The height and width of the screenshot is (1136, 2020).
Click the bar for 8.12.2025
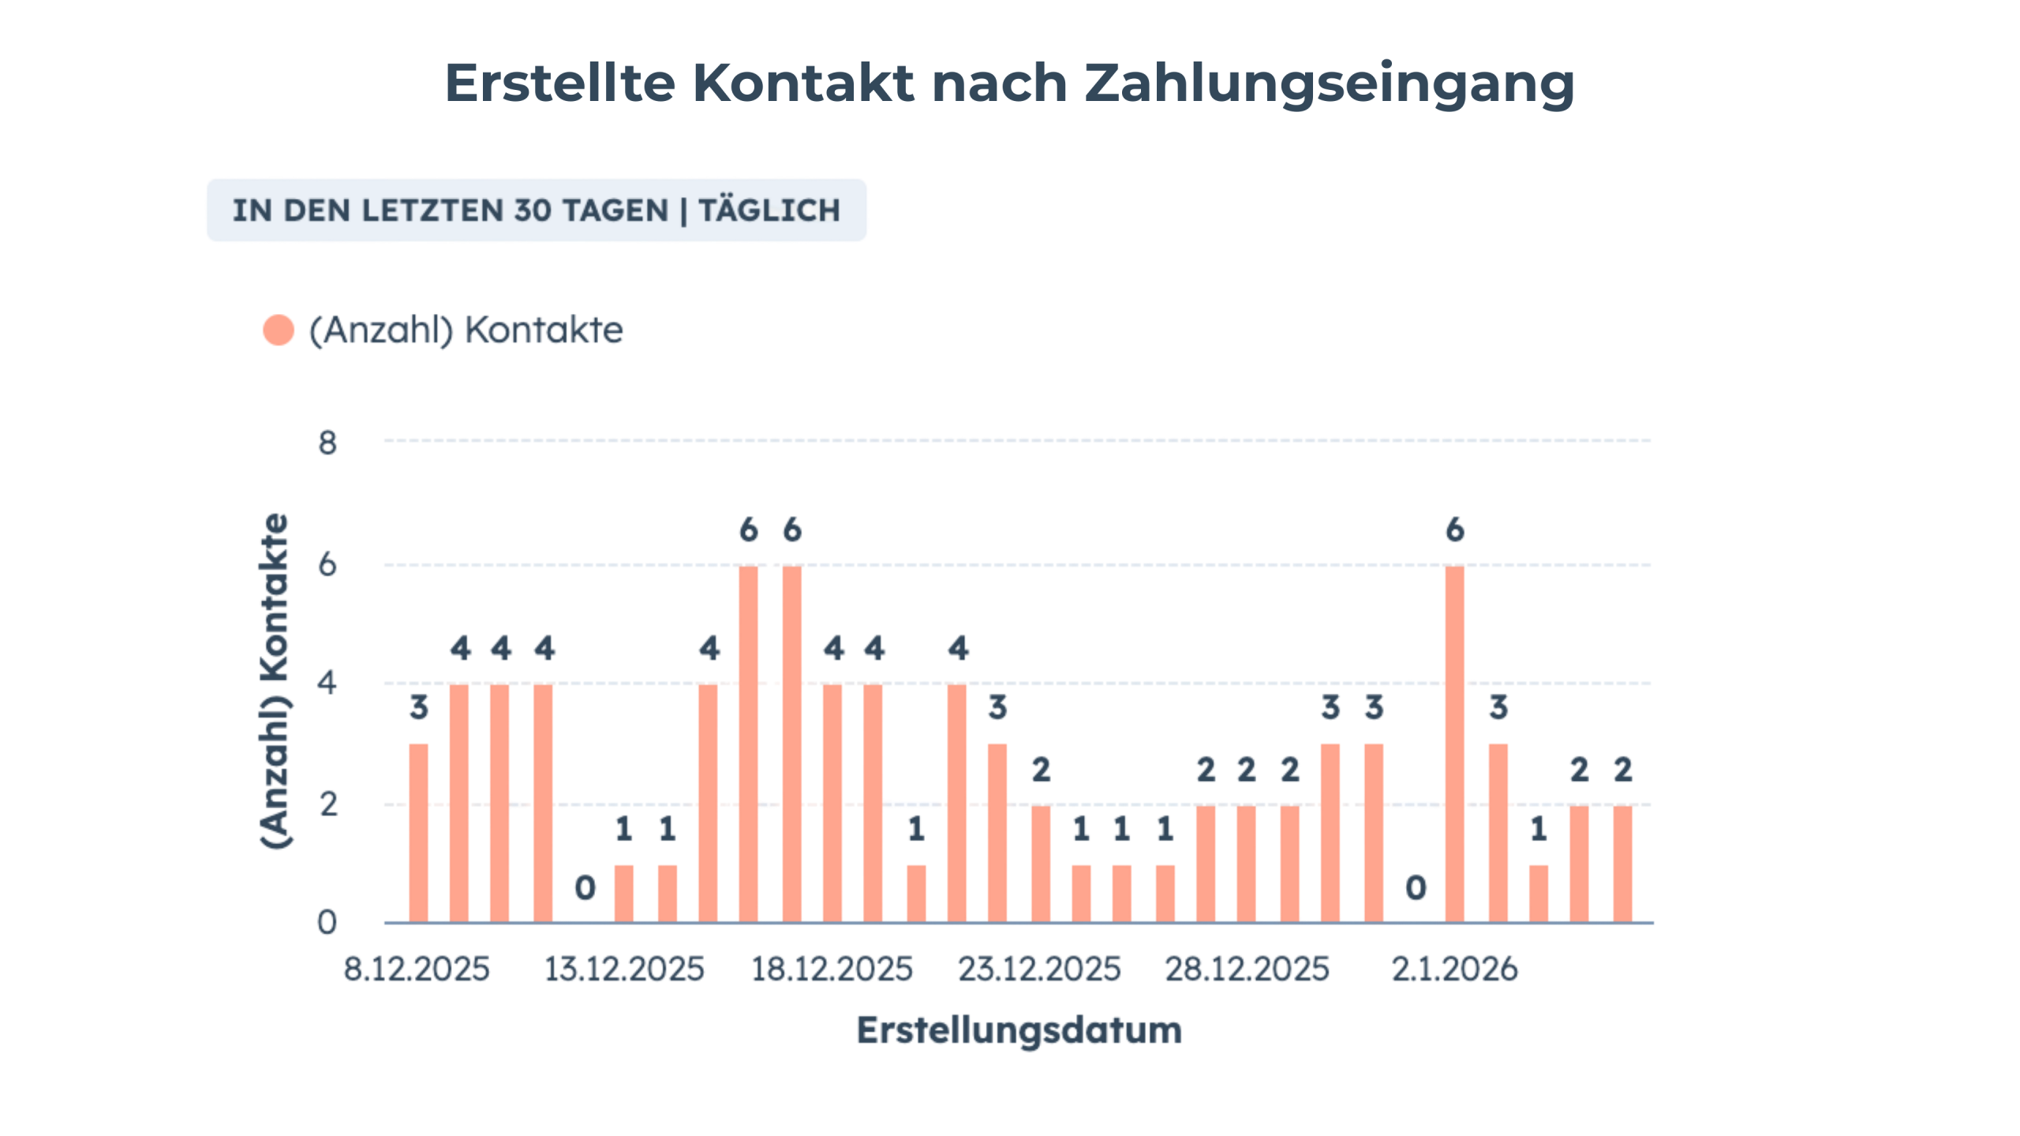pyautogui.click(x=419, y=832)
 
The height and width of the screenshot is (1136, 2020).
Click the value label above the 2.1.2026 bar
pyautogui.click(x=1454, y=530)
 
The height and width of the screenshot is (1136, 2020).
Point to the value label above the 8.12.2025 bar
pyautogui.click(x=419, y=708)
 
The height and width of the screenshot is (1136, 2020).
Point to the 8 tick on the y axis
pyautogui.click(x=327, y=443)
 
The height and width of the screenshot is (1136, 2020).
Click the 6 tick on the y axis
pyautogui.click(x=327, y=565)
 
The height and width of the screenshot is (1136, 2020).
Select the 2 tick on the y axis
pyautogui.click(x=327, y=805)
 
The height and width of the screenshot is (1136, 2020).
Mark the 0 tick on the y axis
pyautogui.click(x=327, y=922)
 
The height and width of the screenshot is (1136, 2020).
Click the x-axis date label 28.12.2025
pyautogui.click(x=1247, y=970)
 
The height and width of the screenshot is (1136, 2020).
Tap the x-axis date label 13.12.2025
pyautogui.click(x=624, y=970)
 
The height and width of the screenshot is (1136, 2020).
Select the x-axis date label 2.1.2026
pyautogui.click(x=1454, y=970)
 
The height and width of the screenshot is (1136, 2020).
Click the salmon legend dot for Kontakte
pyautogui.click(x=279, y=330)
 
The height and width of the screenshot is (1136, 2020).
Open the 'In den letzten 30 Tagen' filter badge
pyautogui.click(x=537, y=211)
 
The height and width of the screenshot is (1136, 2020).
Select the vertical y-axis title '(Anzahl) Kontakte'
pyautogui.click(x=275, y=680)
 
